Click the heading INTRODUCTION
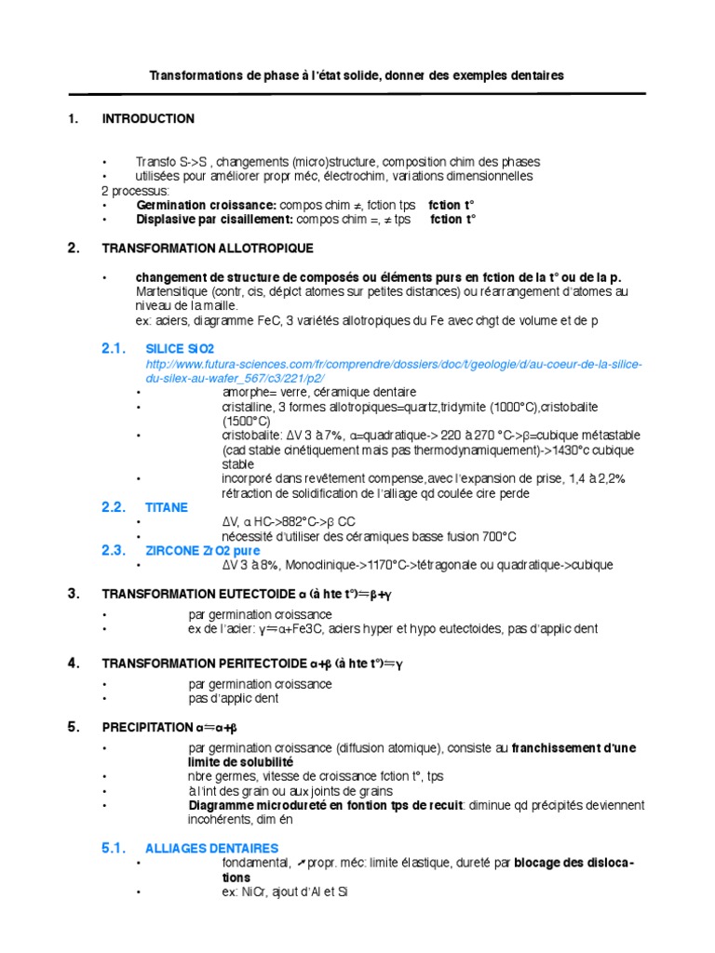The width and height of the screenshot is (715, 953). [148, 119]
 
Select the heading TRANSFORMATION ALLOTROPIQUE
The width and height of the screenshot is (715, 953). [208, 249]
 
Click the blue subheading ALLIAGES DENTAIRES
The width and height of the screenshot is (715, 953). [212, 849]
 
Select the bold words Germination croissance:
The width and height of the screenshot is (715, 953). [206, 205]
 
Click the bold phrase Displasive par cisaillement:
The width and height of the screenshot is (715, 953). [215, 220]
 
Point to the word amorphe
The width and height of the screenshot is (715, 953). [245, 393]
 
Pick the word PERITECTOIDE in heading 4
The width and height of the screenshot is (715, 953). [261, 664]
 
